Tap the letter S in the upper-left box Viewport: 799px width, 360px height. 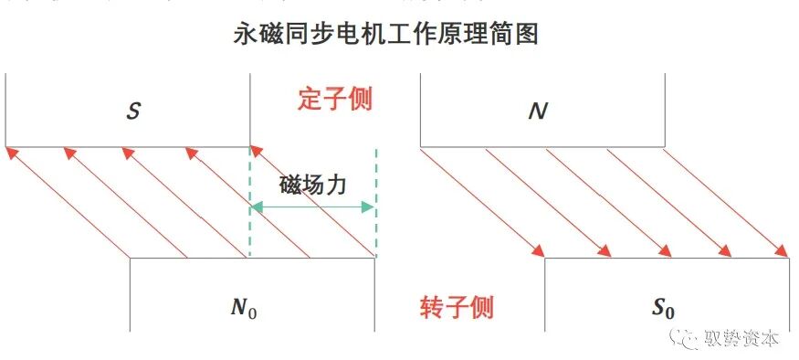pos(133,111)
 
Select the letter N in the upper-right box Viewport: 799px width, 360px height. pos(538,111)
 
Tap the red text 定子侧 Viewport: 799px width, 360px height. pos(335,98)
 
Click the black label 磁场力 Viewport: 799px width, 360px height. pos(312,183)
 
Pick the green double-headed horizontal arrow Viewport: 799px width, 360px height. pos(312,207)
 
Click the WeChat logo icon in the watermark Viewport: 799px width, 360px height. pos(687,339)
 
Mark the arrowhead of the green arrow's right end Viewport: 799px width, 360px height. pos(370,207)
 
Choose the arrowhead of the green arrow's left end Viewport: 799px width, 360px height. pos(256,207)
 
